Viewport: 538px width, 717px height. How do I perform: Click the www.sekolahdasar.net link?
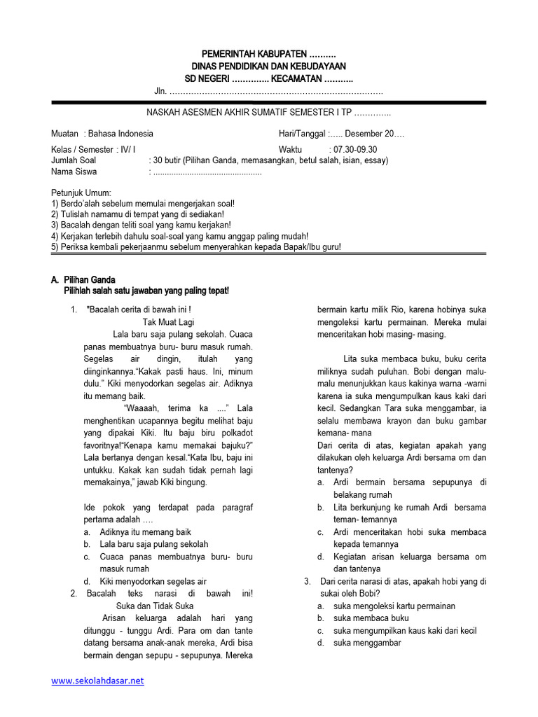(x=97, y=680)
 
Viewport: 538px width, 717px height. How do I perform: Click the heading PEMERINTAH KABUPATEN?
(x=268, y=54)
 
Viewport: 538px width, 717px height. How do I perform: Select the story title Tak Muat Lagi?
(x=167, y=321)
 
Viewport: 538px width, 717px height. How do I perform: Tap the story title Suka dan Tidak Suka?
(x=155, y=606)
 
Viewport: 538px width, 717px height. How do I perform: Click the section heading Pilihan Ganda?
(x=89, y=279)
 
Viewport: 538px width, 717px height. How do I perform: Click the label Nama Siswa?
(x=74, y=172)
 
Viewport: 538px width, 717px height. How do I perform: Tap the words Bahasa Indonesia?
(x=120, y=134)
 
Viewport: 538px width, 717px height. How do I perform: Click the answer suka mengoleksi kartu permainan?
(x=394, y=606)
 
